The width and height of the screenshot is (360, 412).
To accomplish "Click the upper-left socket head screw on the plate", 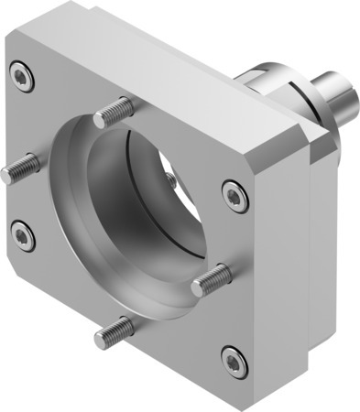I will (22, 77).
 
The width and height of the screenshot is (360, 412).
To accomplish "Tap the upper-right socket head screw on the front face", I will (235, 193).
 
